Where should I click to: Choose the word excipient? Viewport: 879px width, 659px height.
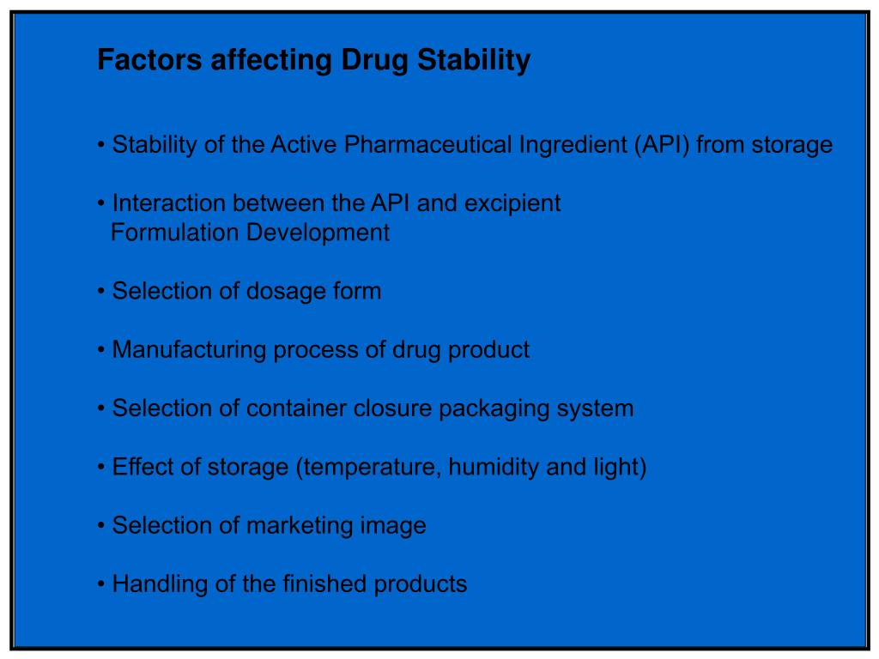click(x=512, y=203)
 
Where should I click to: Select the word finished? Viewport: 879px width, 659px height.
click(x=324, y=584)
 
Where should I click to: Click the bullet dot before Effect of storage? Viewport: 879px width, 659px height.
click(x=101, y=468)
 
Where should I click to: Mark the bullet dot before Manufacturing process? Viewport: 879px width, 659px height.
click(x=101, y=350)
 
